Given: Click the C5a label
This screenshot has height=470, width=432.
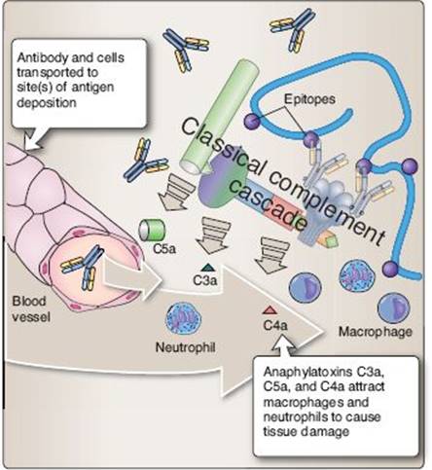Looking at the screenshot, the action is pyautogui.click(x=164, y=249).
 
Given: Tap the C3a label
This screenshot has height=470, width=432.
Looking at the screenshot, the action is pyautogui.click(x=204, y=280).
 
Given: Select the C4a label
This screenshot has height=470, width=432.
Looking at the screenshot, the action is pyautogui.click(x=275, y=325).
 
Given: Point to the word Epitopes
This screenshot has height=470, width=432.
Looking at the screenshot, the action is pyautogui.click(x=309, y=99).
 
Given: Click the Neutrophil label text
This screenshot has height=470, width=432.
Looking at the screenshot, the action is pyautogui.click(x=186, y=347).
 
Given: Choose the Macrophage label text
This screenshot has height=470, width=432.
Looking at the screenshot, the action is pyautogui.click(x=376, y=332).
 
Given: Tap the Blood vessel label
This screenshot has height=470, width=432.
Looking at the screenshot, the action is pyautogui.click(x=31, y=308).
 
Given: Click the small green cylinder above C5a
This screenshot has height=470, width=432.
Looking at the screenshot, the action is pyautogui.click(x=152, y=230).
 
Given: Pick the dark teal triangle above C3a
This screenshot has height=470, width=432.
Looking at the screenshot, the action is pyautogui.click(x=207, y=268).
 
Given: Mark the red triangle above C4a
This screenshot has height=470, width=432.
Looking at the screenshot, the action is pyautogui.click(x=270, y=310).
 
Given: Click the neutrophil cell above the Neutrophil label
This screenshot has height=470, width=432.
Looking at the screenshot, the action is pyautogui.click(x=183, y=318).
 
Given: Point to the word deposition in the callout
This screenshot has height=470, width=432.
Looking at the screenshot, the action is pyautogui.click(x=47, y=103).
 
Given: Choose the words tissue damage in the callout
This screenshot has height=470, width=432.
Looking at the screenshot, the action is pyautogui.click(x=306, y=432).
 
